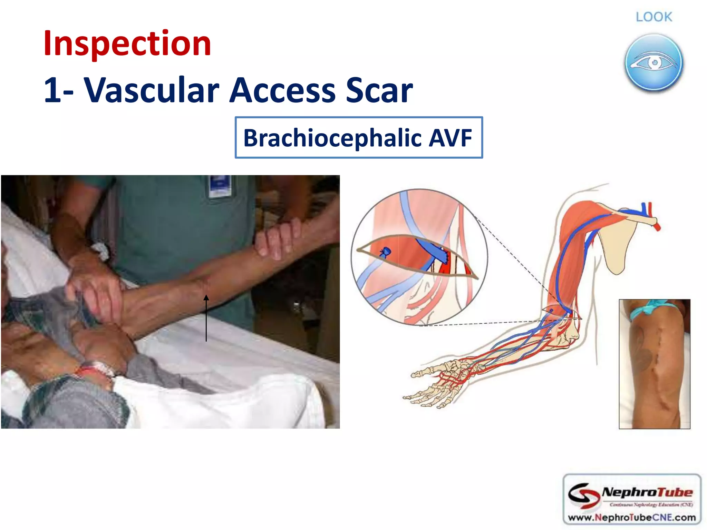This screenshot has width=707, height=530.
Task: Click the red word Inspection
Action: click(127, 43)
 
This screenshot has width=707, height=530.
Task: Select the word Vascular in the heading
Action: click(152, 90)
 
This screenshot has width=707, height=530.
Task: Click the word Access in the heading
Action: click(282, 90)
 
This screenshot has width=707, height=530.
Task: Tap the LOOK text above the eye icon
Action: click(654, 17)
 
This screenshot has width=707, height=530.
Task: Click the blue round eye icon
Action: click(653, 63)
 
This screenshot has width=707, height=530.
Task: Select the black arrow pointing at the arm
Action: click(206, 317)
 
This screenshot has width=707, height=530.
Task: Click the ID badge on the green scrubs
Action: click(220, 186)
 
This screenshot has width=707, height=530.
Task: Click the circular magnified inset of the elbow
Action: click(419, 257)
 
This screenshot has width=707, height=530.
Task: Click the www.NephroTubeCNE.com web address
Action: click(631, 518)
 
